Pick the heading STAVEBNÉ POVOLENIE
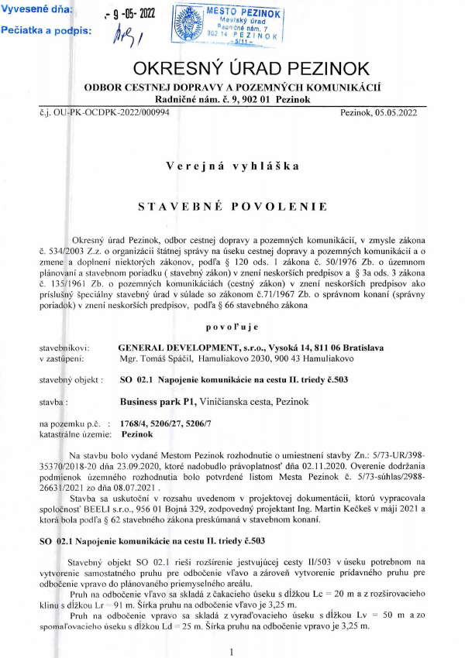232,207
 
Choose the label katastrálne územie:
74,435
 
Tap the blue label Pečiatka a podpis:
47,31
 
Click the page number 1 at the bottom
232,651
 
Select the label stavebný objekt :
72,380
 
